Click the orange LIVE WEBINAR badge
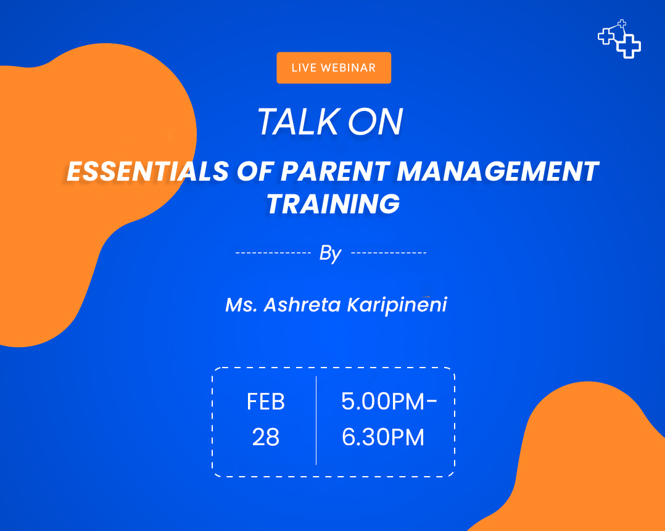[x=334, y=68]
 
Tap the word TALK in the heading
[x=299, y=121]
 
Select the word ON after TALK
[x=375, y=121]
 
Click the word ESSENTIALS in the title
[x=148, y=171]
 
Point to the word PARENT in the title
[x=335, y=171]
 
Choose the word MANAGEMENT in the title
[x=497, y=171]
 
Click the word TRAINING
[x=333, y=204]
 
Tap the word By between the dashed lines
[x=331, y=253]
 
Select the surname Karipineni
[x=397, y=305]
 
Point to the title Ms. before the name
[x=241, y=305]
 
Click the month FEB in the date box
[x=266, y=401]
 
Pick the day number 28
[x=266, y=437]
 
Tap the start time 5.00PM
[x=383, y=401]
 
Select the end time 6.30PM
[x=383, y=437]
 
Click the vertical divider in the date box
[x=316, y=421]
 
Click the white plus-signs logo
[x=619, y=39]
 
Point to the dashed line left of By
[x=273, y=253]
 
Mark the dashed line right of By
[x=389, y=253]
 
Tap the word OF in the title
[x=254, y=171]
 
